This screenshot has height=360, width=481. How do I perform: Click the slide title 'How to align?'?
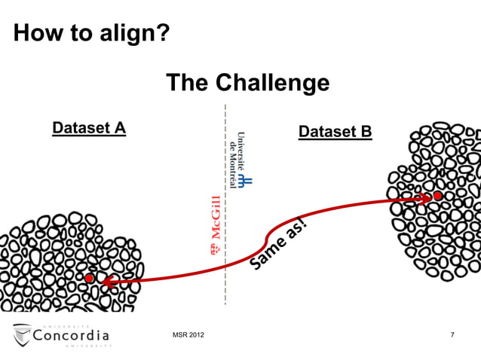pyautogui.click(x=91, y=34)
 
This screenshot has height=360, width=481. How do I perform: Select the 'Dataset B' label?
pyautogui.click(x=335, y=133)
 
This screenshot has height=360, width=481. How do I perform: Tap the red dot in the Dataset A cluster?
pyautogui.click(x=89, y=278)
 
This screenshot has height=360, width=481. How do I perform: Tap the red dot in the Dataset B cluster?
pyautogui.click(x=437, y=196)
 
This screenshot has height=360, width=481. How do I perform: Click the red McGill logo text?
pyautogui.click(x=216, y=226)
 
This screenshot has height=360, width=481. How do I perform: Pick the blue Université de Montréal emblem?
pyautogui.click(x=247, y=180)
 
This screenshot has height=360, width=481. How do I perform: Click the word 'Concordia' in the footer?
pyautogui.click(x=72, y=334)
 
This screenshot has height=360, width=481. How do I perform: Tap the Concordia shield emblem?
pyautogui.click(x=23, y=335)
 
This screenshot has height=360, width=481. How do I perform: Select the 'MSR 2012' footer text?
pyautogui.click(x=188, y=334)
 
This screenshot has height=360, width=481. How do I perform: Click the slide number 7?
pyautogui.click(x=452, y=334)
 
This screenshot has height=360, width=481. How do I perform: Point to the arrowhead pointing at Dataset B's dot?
pyautogui.click(x=424, y=199)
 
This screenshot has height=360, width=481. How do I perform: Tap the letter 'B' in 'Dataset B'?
pyautogui.click(x=366, y=133)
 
